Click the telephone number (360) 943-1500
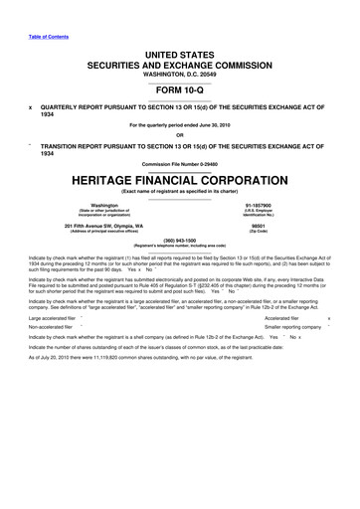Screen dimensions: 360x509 click(180, 239)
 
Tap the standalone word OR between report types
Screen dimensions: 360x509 click(179, 135)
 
